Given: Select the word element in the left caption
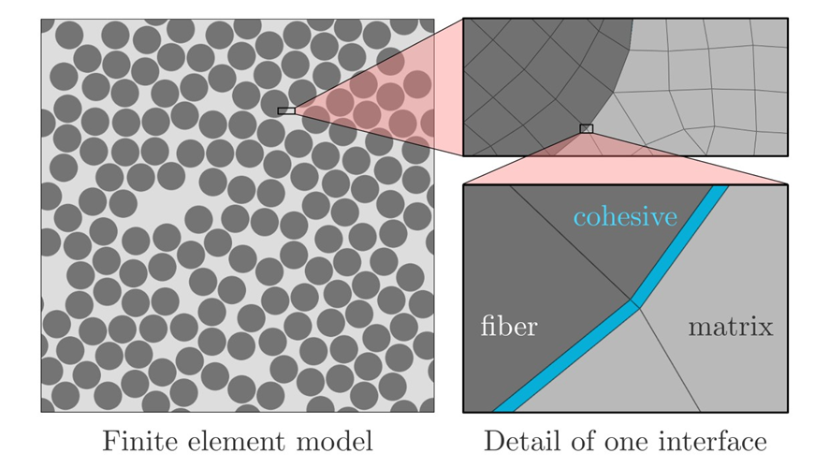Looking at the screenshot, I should tap(225, 440).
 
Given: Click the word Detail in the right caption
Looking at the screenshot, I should tap(516, 440).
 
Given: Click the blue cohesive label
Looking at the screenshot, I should tap(625, 217).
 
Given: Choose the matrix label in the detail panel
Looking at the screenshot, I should tap(731, 327).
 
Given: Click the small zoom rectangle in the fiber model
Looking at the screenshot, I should tap(286, 110).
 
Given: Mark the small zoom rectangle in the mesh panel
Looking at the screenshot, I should tap(587, 128).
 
